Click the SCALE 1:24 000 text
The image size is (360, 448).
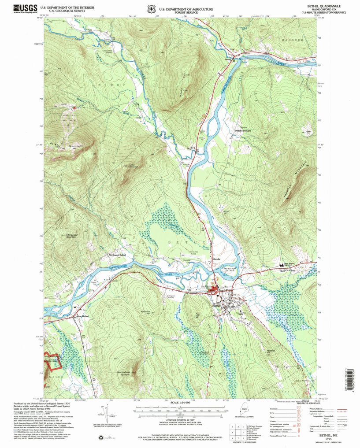point(180,402)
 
